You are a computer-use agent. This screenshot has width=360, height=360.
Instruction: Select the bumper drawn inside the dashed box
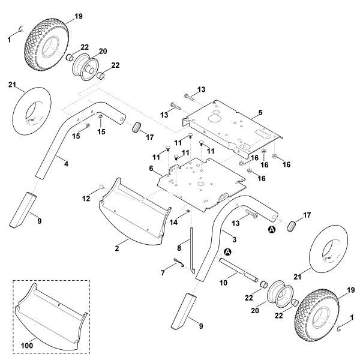tap(51, 315)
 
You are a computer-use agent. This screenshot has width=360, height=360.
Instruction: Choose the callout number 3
tap(233, 239)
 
